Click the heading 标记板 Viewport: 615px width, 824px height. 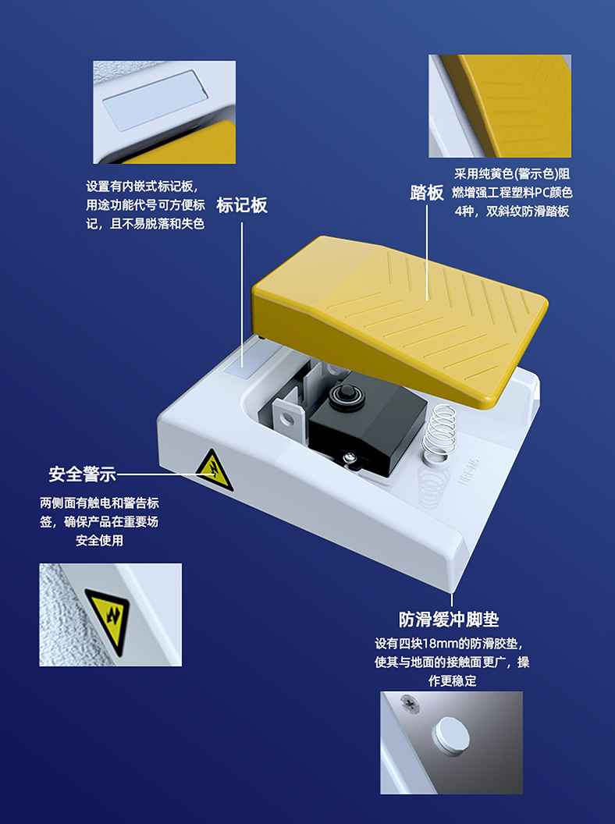(242, 205)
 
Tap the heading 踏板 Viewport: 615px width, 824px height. (427, 193)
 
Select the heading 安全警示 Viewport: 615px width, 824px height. (82, 474)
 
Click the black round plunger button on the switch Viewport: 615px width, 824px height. (346, 393)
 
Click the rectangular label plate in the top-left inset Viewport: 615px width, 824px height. (152, 101)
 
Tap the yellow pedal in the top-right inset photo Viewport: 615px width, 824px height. (510, 105)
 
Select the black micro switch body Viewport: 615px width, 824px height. (368, 426)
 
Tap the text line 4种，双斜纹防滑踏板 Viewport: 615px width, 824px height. (512, 211)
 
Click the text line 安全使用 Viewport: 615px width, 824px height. (99, 540)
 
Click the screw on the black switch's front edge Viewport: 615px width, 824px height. (348, 460)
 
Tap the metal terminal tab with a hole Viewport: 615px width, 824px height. (287, 416)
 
